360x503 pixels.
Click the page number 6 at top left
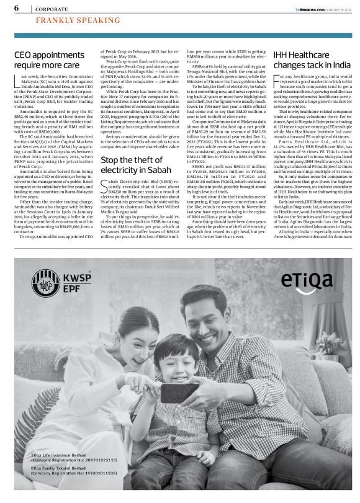pyautogui.click(x=16, y=8)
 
